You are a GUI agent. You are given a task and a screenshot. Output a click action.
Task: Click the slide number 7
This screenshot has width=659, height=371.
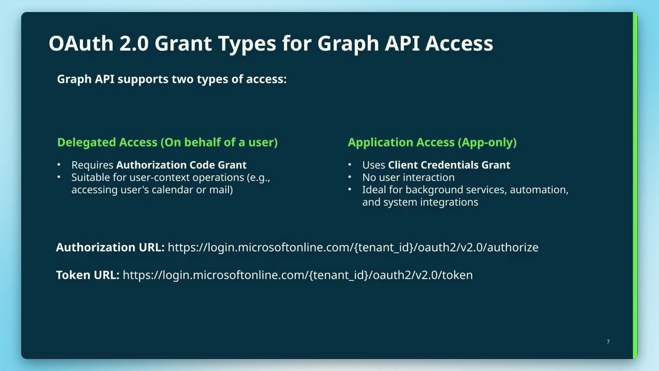point(608,342)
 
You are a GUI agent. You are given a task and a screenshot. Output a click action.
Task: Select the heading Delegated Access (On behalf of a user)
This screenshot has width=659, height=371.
point(167,142)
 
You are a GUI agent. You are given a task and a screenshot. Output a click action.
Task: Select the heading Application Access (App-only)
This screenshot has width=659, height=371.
point(432,142)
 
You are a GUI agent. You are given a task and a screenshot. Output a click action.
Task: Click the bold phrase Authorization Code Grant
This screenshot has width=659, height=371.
point(181,165)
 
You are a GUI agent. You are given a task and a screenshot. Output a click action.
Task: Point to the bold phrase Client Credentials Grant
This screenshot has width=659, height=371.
point(449,165)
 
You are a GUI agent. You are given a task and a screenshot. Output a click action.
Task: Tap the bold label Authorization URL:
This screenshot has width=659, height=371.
point(110,247)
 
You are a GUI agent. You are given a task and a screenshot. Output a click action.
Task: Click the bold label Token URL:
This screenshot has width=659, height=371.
point(87,275)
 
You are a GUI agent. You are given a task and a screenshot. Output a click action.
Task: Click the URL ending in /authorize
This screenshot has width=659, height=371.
point(353,247)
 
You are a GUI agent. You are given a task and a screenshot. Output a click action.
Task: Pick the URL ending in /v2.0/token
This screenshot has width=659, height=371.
point(298,275)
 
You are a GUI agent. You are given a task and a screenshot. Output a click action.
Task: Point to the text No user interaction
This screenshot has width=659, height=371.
point(408,177)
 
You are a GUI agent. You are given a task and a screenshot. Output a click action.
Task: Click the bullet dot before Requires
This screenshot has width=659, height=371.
point(59,165)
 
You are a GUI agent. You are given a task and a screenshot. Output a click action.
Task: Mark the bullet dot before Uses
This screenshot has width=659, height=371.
point(350,165)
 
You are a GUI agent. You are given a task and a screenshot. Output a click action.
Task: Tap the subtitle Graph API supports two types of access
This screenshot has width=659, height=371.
point(171,79)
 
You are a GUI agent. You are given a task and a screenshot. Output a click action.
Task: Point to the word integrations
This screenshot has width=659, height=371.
point(448,202)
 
